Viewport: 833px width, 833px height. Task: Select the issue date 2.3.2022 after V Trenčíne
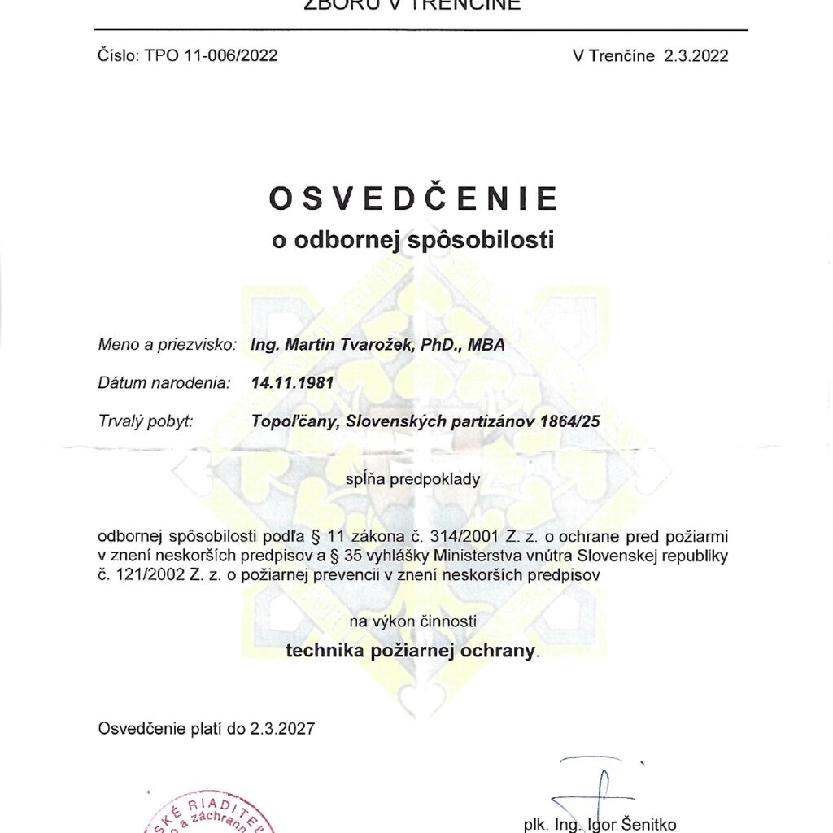point(696,55)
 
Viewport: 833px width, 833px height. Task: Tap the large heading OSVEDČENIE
point(414,199)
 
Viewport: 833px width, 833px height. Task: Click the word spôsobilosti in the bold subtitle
point(486,241)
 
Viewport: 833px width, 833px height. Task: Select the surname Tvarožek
point(374,345)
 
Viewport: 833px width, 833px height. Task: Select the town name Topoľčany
point(290,421)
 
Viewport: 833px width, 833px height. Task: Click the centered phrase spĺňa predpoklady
point(413,479)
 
